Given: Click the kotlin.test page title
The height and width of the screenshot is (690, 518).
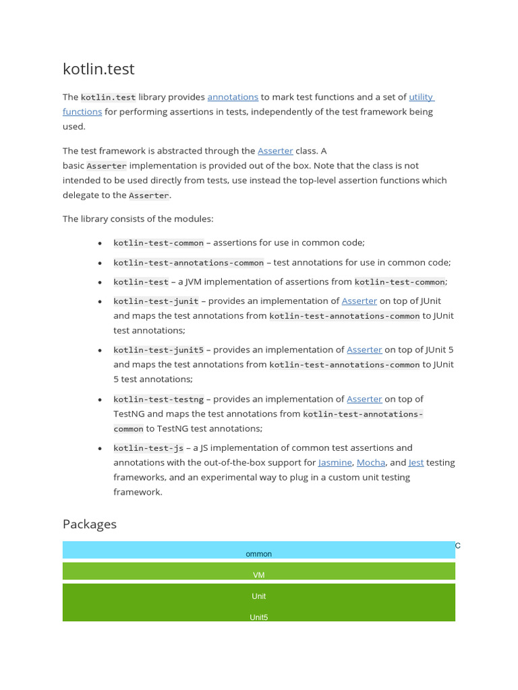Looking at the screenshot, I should tap(98, 69).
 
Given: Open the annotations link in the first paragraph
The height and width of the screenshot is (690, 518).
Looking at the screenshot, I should tap(233, 97).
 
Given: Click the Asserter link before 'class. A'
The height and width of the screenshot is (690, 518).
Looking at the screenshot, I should tap(275, 151).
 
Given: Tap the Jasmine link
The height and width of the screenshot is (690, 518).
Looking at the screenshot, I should tap(335, 462).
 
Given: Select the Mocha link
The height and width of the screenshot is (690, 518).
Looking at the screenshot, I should tap(371, 462).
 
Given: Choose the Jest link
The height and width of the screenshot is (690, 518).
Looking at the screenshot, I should tap(416, 462).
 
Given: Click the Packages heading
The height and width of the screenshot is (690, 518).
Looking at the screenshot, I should tap(90, 524).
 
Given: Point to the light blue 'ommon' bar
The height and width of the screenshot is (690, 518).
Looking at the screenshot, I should tap(259, 550).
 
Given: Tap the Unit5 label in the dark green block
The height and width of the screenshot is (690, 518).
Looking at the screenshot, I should tap(259, 617).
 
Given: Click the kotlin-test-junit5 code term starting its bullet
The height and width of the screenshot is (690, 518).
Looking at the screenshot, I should tap(159, 350).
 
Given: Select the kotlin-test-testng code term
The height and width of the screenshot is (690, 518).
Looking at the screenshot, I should tap(159, 399).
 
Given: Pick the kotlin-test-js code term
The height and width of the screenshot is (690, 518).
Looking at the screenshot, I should tap(148, 447).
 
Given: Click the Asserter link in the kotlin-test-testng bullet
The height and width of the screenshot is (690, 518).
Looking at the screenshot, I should tap(364, 399).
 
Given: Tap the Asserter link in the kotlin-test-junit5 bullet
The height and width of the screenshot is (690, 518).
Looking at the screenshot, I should tap(364, 350).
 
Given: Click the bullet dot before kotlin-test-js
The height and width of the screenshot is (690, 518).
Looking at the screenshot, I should tap(100, 448).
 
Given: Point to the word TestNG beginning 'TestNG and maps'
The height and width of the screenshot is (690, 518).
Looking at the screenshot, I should tap(128, 414).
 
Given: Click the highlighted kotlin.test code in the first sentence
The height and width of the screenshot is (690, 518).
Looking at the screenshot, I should tap(109, 97).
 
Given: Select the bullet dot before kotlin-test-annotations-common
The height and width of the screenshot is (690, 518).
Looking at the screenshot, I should tap(100, 263).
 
